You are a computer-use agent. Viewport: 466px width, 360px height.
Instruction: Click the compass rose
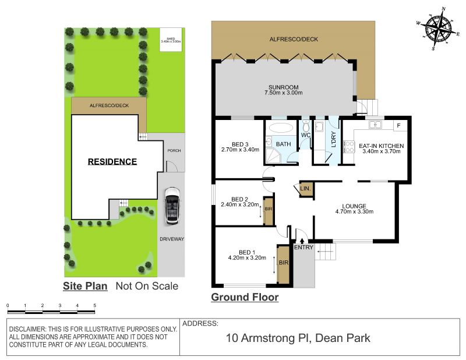[439, 29]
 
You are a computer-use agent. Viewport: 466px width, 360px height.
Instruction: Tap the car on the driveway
[172, 206]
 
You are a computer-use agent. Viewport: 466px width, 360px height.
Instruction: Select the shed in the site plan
[171, 40]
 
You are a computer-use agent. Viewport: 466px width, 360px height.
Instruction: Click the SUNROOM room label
[283, 87]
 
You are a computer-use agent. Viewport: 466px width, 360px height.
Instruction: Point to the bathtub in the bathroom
[281, 128]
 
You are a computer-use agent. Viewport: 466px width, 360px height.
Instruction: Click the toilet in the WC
[305, 126]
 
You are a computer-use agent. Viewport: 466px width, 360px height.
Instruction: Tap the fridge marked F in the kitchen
[398, 125]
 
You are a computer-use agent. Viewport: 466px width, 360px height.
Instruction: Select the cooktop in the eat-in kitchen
[349, 147]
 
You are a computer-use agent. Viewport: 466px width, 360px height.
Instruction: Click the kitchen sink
[376, 125]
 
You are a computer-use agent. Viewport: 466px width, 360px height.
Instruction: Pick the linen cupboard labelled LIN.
[305, 189]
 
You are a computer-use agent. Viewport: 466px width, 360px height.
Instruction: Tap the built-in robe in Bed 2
[269, 210]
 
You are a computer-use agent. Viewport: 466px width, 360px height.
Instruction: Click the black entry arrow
[302, 241]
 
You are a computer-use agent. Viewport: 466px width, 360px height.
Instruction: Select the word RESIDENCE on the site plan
[112, 161]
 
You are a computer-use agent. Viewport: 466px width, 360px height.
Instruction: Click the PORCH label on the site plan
[174, 150]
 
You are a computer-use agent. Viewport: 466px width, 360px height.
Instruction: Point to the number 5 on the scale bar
[95, 305]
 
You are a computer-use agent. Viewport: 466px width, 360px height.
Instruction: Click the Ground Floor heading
[245, 297]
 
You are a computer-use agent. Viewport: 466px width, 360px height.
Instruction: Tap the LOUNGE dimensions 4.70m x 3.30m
[354, 211]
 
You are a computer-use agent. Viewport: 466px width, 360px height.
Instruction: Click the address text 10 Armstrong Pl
[269, 338]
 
